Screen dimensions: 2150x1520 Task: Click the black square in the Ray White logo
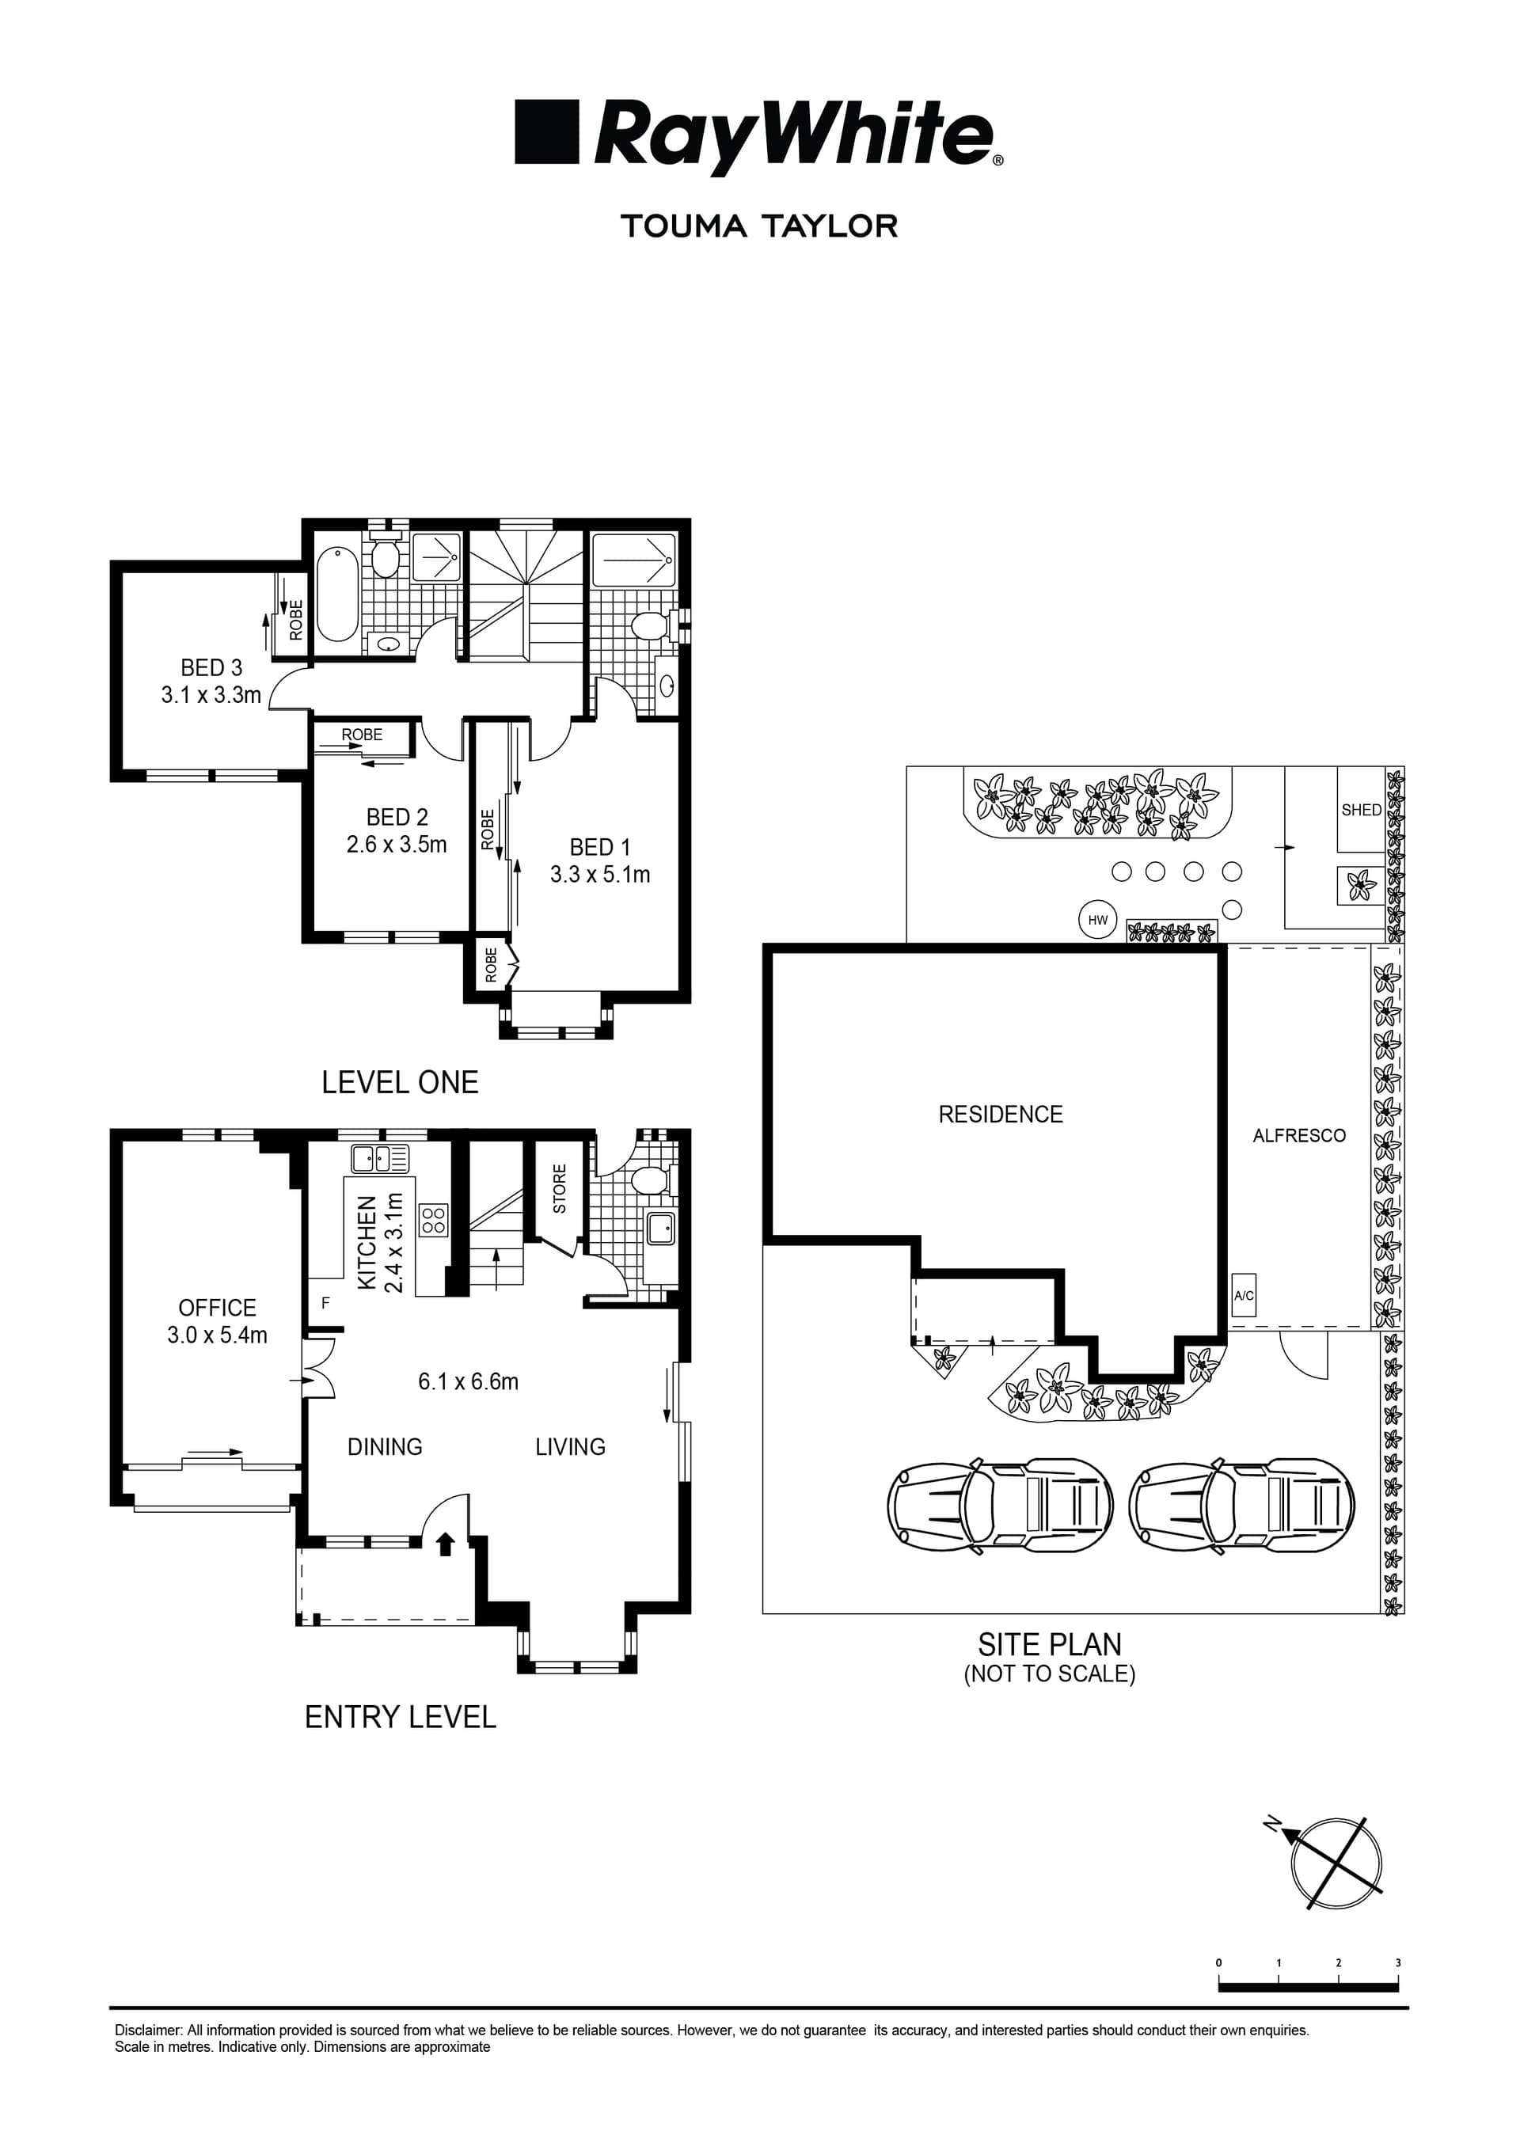(x=548, y=133)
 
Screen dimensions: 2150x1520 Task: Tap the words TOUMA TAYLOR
(x=758, y=226)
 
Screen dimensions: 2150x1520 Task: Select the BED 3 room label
(x=211, y=667)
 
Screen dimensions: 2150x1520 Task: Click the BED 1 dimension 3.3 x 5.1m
(x=599, y=875)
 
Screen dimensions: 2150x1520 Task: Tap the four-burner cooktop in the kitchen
(x=434, y=1219)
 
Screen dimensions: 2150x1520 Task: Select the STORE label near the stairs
(x=559, y=1188)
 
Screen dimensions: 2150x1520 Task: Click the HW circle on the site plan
(x=1096, y=920)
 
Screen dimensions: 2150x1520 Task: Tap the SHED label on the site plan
(x=1361, y=810)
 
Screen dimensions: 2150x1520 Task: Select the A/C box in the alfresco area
(x=1243, y=1296)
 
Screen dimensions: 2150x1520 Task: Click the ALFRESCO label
(x=1299, y=1136)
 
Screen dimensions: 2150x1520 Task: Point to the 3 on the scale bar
(x=1397, y=1962)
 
